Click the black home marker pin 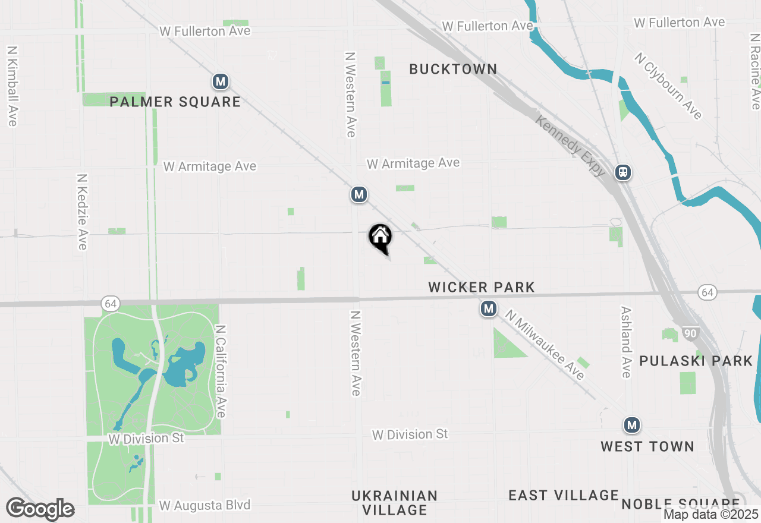(x=380, y=237)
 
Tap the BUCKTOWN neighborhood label (x=453, y=69)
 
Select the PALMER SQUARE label (x=175, y=102)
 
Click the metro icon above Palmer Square (x=221, y=81)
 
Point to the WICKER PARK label (x=482, y=288)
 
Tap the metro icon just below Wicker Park (x=489, y=309)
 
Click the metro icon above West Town (x=632, y=426)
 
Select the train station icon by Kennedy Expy (x=623, y=172)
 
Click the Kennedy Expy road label (x=570, y=146)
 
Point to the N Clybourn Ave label (x=668, y=86)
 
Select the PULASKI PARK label (x=696, y=361)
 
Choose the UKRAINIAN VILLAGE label (x=395, y=503)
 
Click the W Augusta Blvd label (x=205, y=506)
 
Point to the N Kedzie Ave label (x=83, y=212)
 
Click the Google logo (x=40, y=509)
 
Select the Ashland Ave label (x=625, y=342)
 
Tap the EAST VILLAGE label (x=564, y=495)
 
